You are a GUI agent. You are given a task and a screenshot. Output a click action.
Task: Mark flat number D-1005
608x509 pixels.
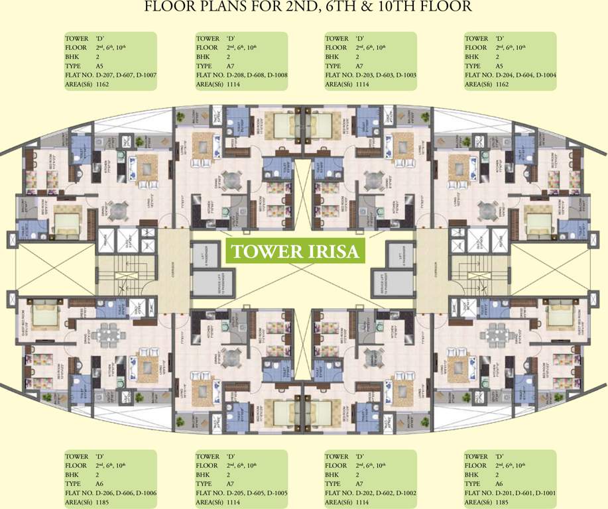(273, 494)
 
